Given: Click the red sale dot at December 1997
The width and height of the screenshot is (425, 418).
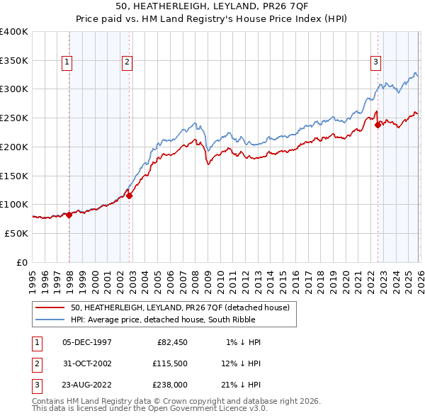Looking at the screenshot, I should (69, 215).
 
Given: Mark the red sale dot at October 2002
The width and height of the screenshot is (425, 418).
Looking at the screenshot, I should (130, 196).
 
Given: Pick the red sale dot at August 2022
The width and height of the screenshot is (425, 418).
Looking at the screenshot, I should (378, 125).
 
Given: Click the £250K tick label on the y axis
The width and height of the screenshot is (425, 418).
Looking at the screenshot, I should (14, 118).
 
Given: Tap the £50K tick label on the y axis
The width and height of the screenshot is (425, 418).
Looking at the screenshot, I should (17, 233).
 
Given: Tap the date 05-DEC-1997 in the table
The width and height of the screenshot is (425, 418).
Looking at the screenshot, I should (86, 342).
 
